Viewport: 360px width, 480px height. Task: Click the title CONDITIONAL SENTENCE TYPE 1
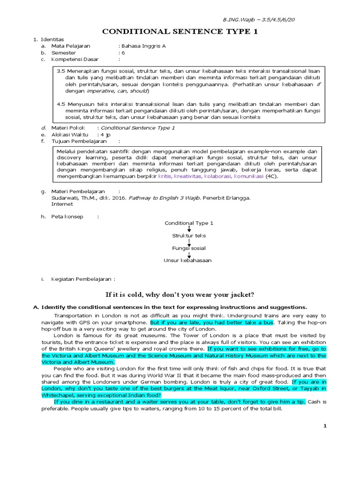point(180,31)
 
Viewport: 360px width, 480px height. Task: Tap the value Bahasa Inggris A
point(143,46)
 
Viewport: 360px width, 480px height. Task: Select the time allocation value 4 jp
point(107,134)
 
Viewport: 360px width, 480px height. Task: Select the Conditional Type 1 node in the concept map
point(188,223)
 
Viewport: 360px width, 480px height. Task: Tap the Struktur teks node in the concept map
point(188,235)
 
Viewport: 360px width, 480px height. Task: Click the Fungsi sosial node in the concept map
point(188,247)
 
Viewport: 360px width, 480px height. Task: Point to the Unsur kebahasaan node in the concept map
point(187,260)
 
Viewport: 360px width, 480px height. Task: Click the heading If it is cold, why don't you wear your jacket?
point(180,294)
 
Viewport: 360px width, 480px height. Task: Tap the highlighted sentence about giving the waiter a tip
point(180,402)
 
